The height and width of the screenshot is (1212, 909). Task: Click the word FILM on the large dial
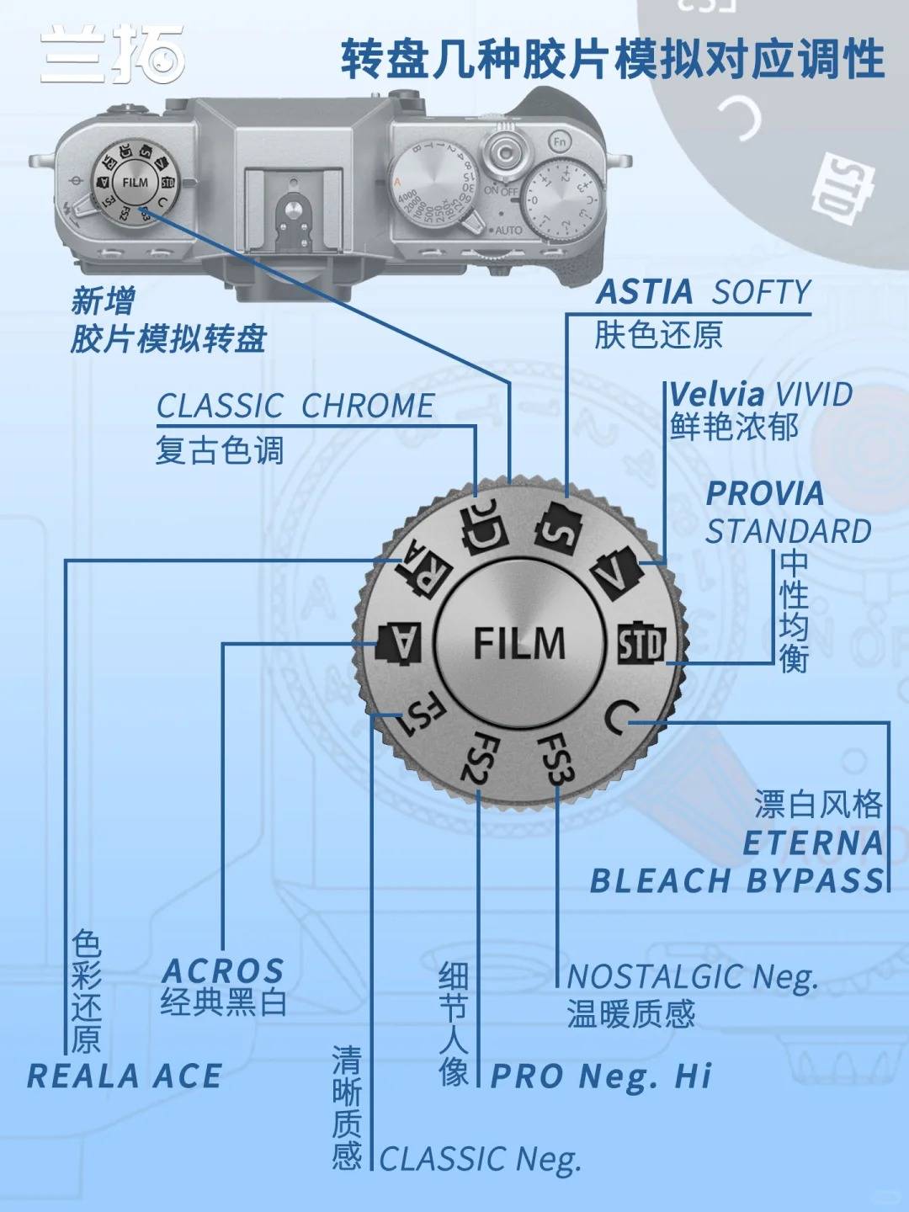tap(518, 644)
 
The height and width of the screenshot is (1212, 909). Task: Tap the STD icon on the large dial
tap(641, 645)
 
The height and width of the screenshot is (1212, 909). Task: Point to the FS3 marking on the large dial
tap(555, 757)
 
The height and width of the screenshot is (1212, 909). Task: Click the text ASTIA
tap(644, 292)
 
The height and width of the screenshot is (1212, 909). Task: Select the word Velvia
tap(716, 394)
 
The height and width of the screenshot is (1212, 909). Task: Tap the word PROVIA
tap(764, 494)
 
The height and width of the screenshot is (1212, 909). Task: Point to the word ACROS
tap(223, 970)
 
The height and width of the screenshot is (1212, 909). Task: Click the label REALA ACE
tap(125, 1076)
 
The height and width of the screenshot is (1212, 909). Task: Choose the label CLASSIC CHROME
tap(295, 406)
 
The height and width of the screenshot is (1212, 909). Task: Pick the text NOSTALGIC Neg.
tap(692, 977)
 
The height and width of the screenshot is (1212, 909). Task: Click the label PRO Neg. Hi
tap(601, 1076)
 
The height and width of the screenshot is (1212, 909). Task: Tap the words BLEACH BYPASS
tap(738, 880)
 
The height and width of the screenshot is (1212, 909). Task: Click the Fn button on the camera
tap(560, 142)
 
